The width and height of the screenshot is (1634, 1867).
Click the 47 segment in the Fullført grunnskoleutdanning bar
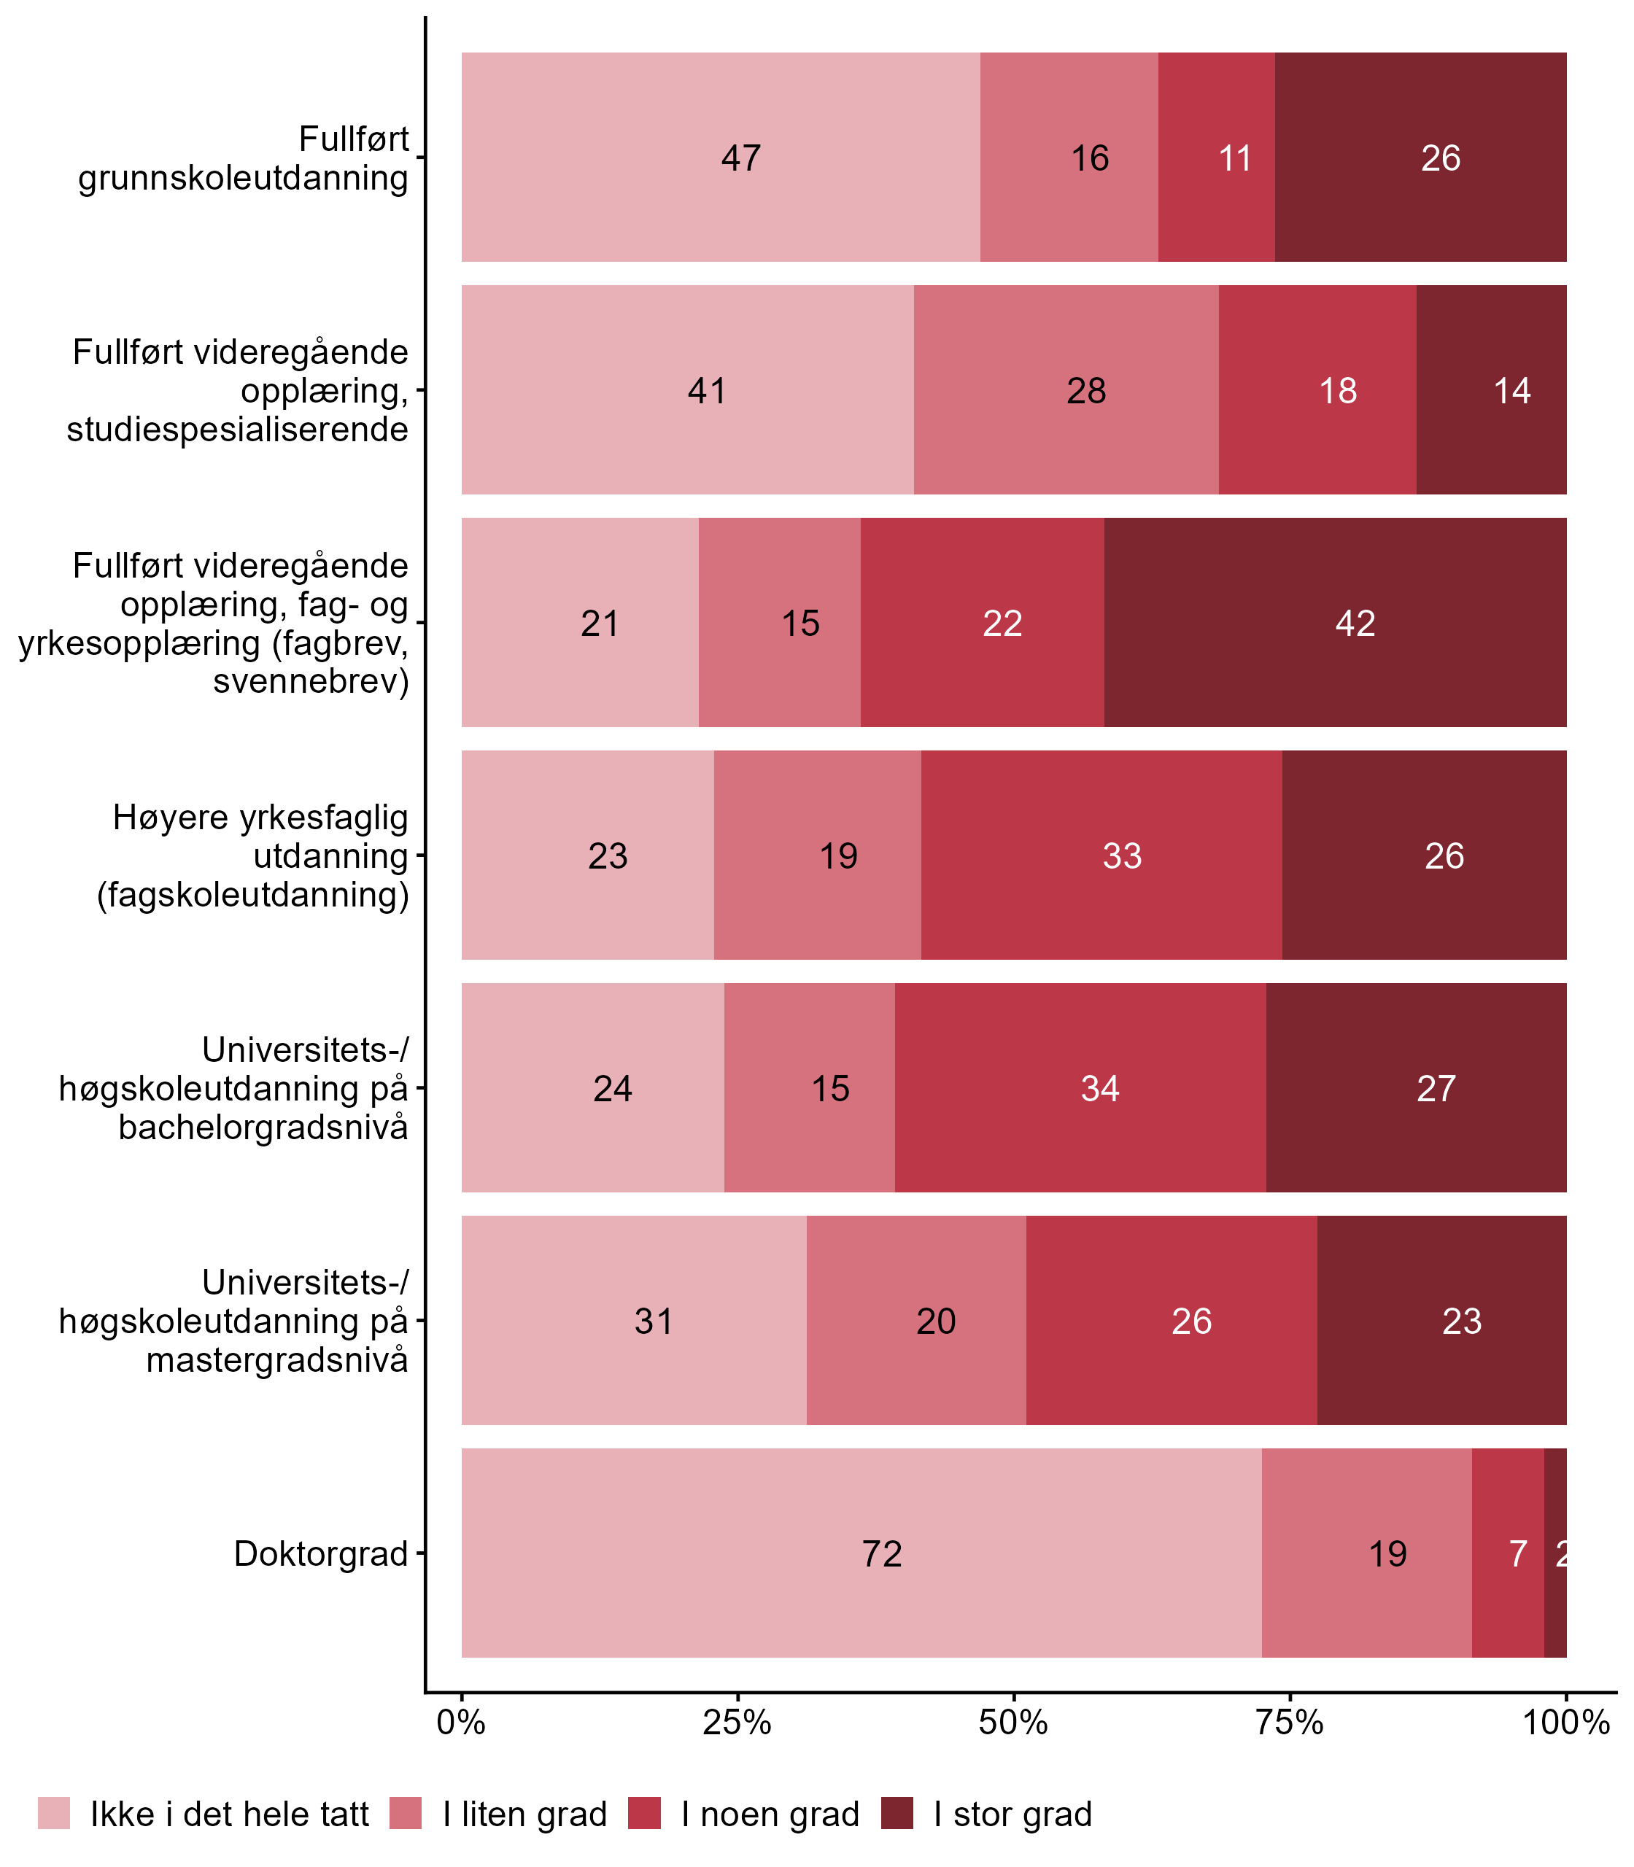(x=721, y=157)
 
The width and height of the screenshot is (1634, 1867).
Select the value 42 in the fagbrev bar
(x=1335, y=623)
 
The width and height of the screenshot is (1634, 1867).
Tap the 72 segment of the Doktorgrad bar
(x=861, y=1553)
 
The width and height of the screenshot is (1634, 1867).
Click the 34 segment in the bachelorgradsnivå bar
(x=1080, y=1087)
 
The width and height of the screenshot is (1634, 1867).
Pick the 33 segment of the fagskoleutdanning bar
(x=1101, y=855)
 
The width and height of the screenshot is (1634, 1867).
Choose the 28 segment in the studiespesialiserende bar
(x=1066, y=390)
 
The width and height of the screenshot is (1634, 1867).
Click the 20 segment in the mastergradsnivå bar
(x=916, y=1321)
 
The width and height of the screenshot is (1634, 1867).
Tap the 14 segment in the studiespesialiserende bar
(x=1492, y=390)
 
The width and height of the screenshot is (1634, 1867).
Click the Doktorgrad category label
(x=321, y=1553)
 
